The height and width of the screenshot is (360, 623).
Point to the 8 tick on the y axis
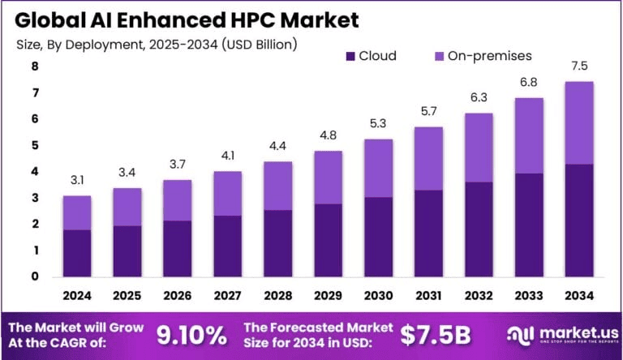(34, 66)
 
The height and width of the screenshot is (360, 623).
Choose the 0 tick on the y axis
(34, 276)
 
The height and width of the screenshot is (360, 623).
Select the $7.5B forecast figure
(436, 333)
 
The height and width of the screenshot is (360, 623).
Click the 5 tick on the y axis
(34, 145)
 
